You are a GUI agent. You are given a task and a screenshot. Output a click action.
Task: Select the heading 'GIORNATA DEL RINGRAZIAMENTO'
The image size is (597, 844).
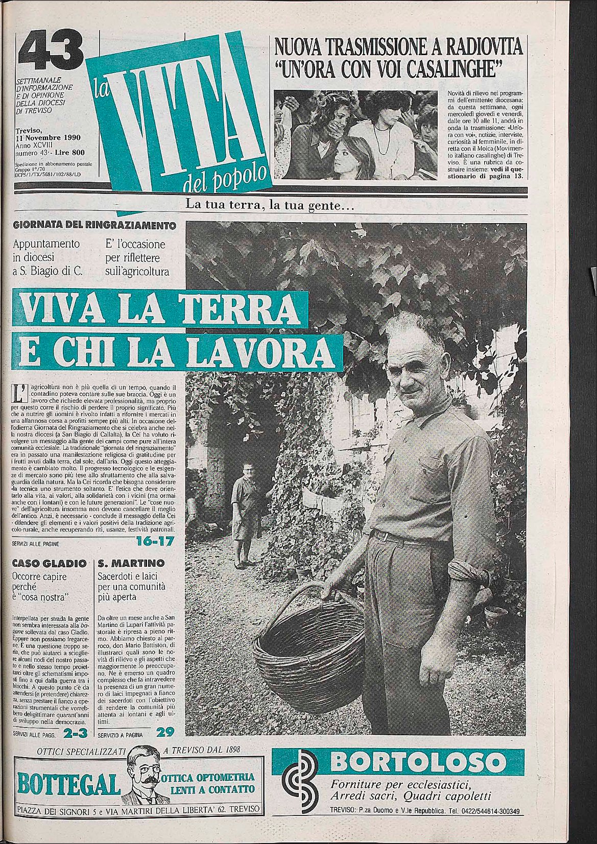pyautogui.click(x=94, y=225)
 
